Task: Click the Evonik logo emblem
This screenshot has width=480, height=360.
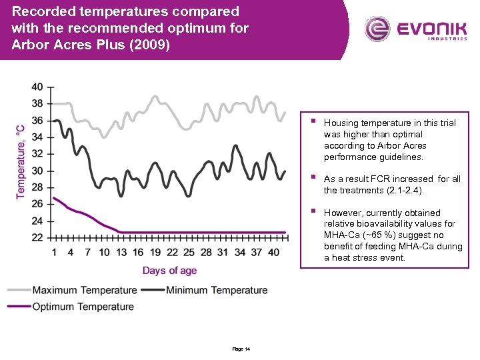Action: tap(378, 29)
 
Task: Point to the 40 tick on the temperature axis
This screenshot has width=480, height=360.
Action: tap(37, 87)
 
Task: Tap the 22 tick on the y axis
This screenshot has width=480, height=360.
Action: tap(37, 237)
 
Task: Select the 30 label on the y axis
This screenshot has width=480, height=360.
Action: tap(37, 171)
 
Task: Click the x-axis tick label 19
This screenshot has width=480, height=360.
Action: tap(155, 252)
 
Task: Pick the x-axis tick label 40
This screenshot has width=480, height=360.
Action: tap(273, 252)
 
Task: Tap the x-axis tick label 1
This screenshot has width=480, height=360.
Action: tap(54, 252)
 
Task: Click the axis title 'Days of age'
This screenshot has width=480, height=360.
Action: tap(169, 270)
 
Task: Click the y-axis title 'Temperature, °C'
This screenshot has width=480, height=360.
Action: tap(20, 161)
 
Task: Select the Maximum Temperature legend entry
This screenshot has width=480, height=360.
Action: tap(84, 290)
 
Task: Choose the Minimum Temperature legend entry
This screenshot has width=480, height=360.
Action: tap(217, 290)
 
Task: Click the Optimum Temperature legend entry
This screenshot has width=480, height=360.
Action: tap(83, 307)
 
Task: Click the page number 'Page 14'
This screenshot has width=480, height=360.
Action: tap(241, 349)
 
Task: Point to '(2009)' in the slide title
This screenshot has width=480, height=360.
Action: tap(157, 44)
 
